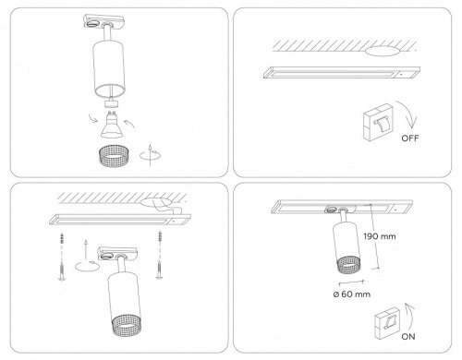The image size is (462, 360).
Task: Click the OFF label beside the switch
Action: coord(410,138)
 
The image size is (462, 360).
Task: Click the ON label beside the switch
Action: coord(408,337)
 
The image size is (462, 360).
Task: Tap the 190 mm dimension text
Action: coord(380,236)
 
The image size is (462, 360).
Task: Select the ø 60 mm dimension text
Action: coord(352,294)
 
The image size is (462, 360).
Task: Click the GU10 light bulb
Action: coord(111,125)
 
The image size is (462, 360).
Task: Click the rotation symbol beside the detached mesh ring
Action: coord(150,155)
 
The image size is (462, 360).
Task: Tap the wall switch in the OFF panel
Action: coord(378,122)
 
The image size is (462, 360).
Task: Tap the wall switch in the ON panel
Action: coord(387,322)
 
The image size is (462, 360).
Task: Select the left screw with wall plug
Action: coord(62,257)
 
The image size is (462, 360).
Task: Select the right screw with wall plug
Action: coord(159,255)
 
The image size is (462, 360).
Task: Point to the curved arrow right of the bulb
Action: coord(130,124)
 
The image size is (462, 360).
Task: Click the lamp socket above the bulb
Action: coord(111,103)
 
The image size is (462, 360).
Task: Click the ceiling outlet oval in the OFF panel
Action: coord(382,51)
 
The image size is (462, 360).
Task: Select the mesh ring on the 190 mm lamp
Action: coord(350,266)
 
